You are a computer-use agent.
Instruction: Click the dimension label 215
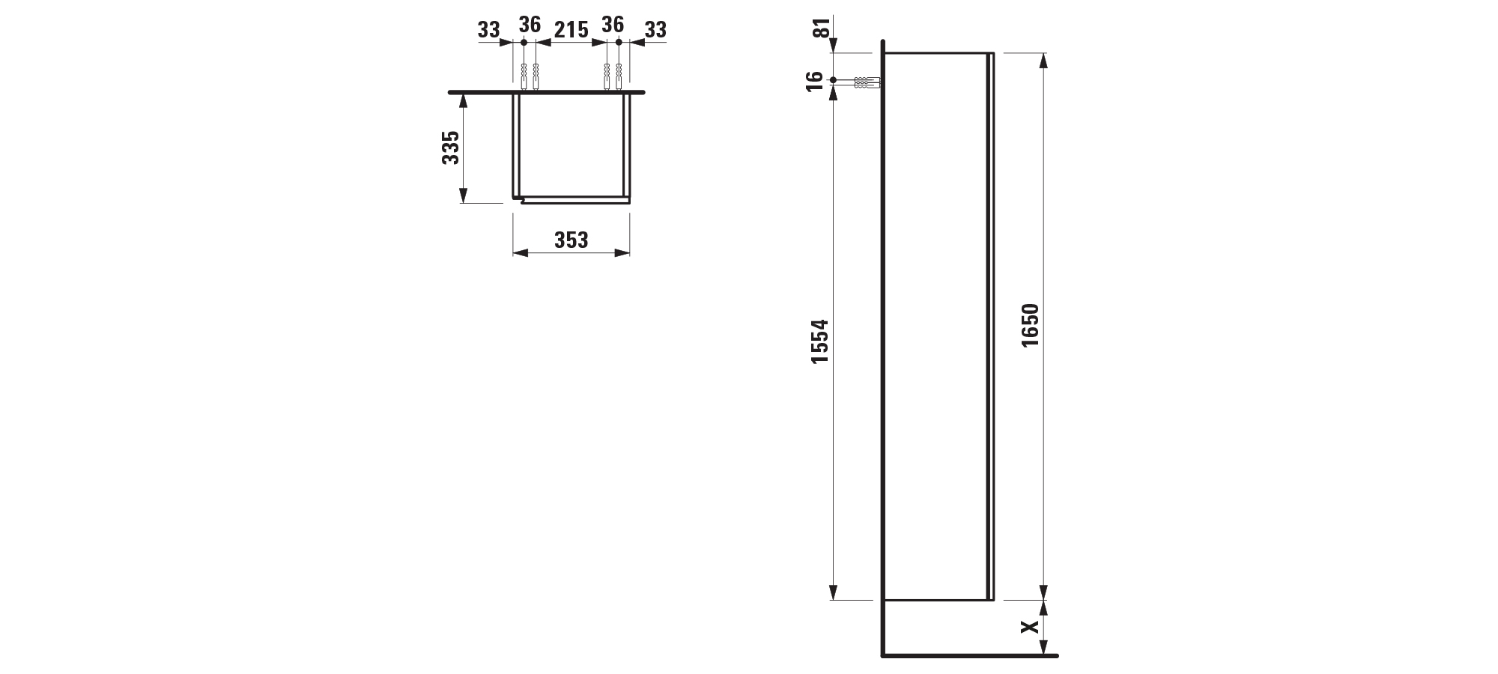[571, 30]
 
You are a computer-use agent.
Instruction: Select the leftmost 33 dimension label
[488, 30]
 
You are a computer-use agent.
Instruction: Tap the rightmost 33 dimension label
[655, 30]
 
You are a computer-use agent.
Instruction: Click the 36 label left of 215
[530, 25]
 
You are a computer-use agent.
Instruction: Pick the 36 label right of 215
[613, 25]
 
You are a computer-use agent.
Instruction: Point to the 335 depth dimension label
[450, 148]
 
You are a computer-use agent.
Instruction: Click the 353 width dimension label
[571, 240]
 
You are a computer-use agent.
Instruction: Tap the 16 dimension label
[816, 79]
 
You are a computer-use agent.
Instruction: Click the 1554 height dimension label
[820, 341]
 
